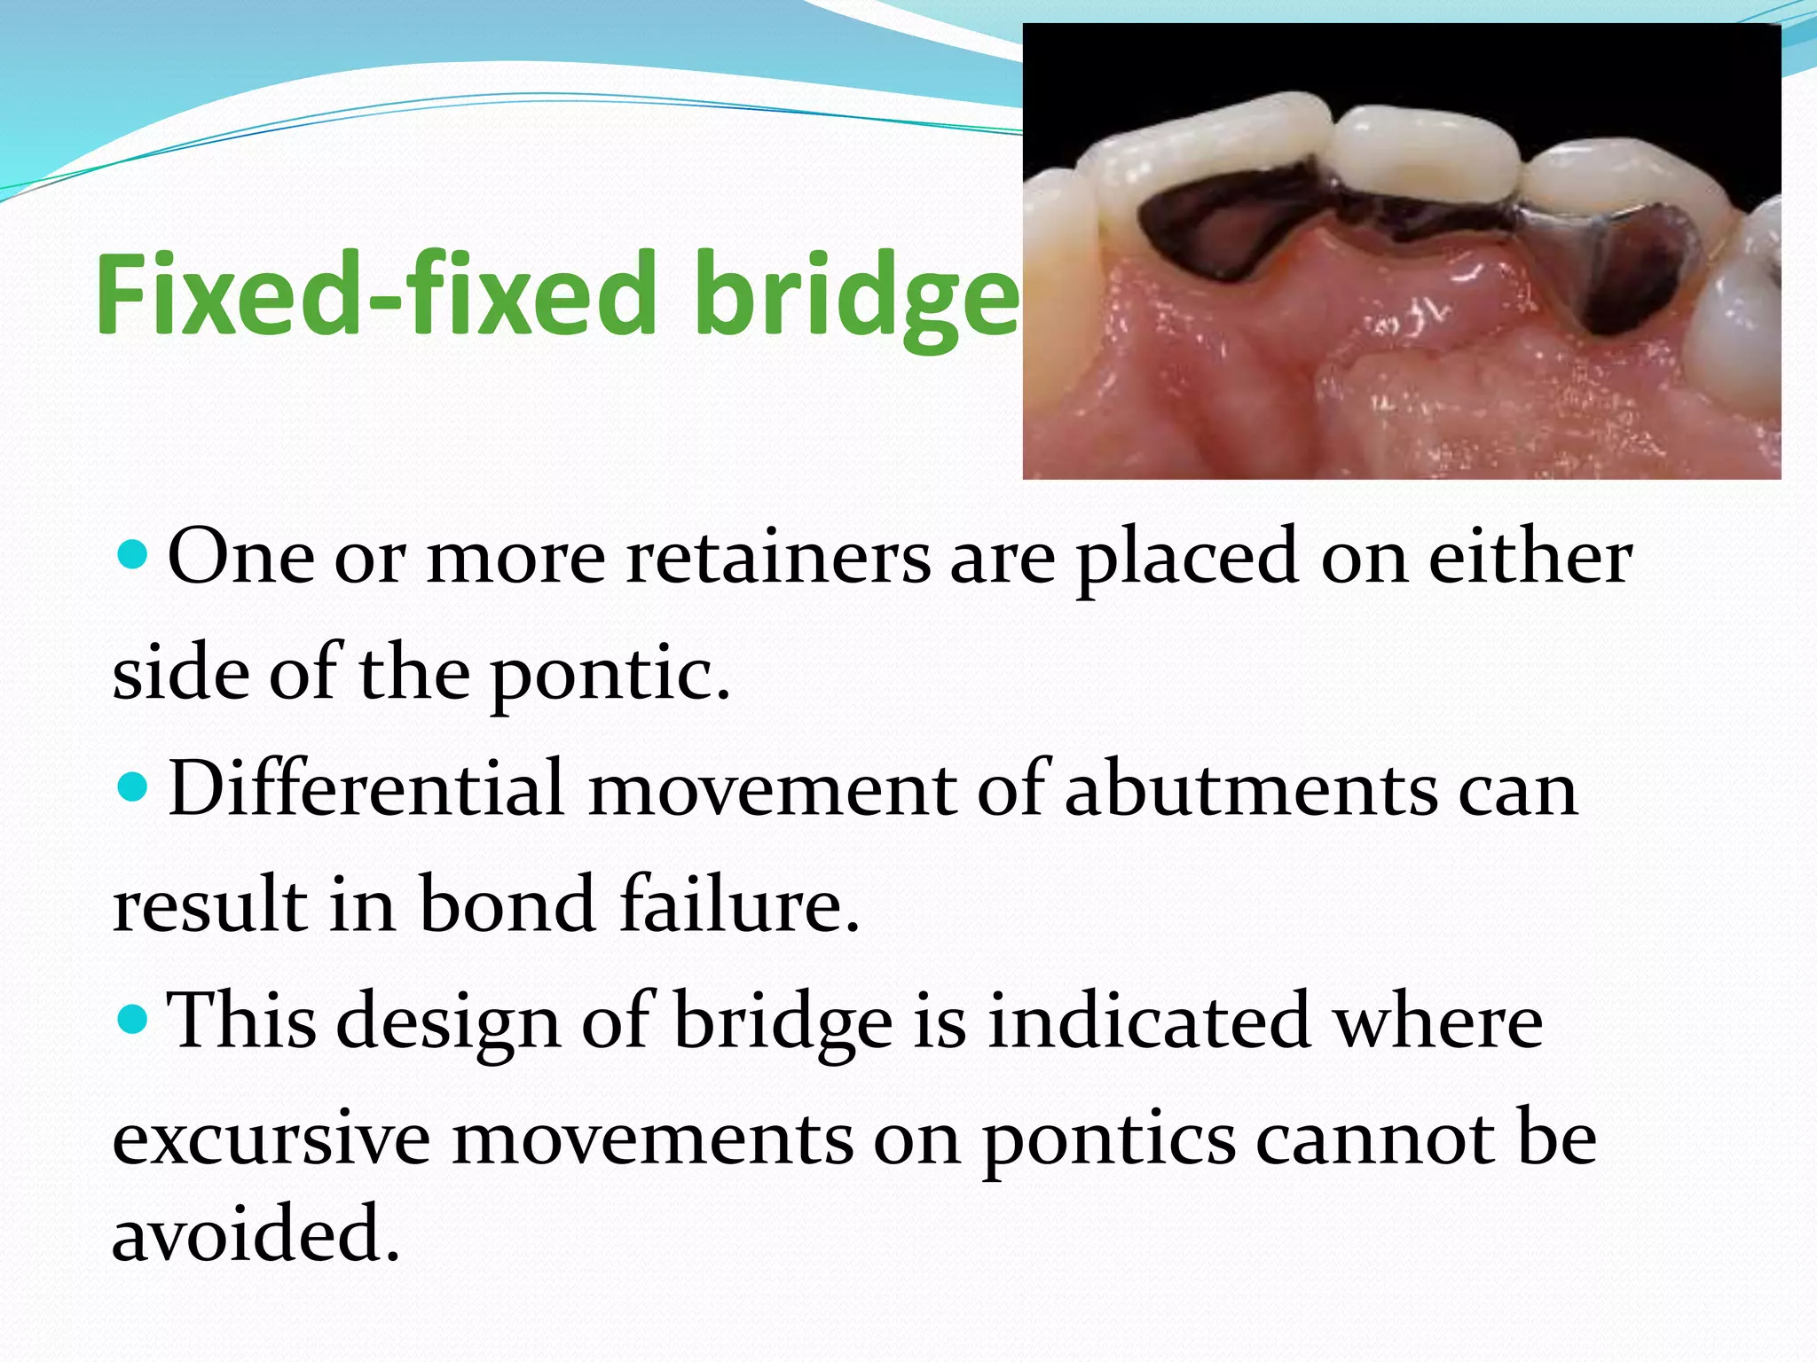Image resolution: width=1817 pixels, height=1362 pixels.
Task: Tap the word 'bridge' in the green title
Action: tap(856, 297)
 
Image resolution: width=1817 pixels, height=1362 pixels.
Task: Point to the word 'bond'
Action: tap(507, 904)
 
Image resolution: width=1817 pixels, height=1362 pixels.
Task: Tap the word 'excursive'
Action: tap(271, 1139)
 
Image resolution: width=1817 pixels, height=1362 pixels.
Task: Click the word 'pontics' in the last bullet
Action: tap(1108, 1140)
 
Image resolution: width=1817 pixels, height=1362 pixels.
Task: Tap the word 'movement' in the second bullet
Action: tap(772, 789)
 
